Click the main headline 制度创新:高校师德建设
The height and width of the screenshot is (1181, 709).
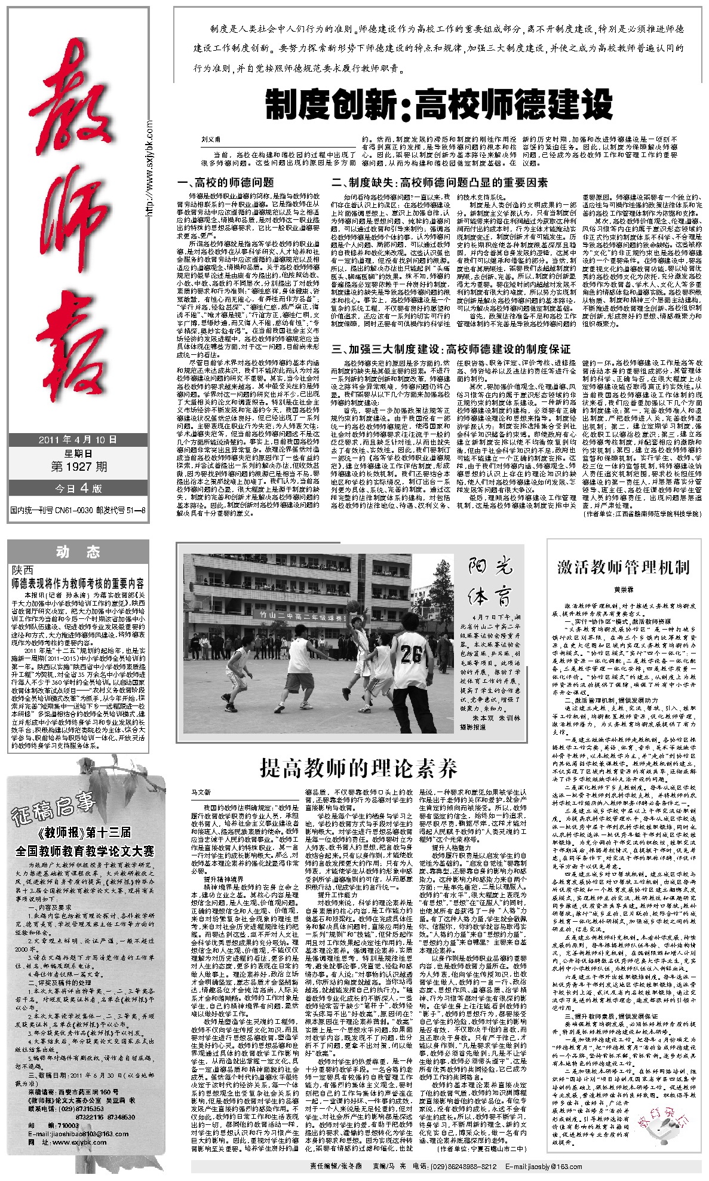coord(439,104)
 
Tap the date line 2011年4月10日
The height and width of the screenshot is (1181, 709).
coord(78,440)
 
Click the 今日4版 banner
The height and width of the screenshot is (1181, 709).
coord(78,488)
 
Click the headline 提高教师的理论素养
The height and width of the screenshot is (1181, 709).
coord(358,768)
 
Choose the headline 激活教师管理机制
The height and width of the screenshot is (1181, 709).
coord(623,566)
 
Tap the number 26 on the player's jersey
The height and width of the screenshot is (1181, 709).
coord(410,654)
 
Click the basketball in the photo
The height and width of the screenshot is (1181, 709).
coord(354,606)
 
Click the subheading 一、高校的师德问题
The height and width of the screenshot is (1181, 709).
coord(226,183)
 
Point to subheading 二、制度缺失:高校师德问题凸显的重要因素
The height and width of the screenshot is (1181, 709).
coord(440,183)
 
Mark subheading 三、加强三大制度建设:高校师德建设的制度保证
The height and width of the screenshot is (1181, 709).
coord(451,349)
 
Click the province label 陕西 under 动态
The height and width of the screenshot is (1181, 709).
coord(23,570)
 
